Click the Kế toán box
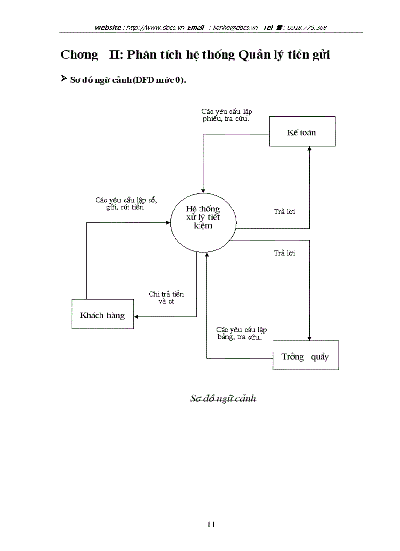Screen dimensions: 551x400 click(x=302, y=131)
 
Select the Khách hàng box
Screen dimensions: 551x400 click(x=102, y=314)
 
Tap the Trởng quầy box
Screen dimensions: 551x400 click(x=305, y=356)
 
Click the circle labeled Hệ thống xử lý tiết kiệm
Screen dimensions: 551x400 click(x=203, y=220)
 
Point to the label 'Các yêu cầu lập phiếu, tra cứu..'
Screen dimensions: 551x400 click(x=227, y=115)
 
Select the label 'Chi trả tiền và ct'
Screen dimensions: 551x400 click(x=166, y=298)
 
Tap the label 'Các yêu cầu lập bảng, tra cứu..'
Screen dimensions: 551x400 click(x=241, y=334)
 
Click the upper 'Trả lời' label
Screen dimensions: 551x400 click(x=284, y=212)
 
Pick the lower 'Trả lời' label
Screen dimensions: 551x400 click(x=284, y=253)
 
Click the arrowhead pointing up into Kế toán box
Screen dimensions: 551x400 click(x=309, y=149)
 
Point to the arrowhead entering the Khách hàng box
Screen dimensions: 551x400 click(x=137, y=317)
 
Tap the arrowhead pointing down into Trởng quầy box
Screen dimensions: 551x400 click(x=309, y=338)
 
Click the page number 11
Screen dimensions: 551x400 click(x=211, y=525)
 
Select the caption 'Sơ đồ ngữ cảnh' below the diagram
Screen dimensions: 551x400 click(x=223, y=398)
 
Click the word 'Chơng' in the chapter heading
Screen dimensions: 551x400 click(x=79, y=55)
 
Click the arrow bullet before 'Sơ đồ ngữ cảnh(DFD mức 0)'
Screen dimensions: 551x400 click(x=63, y=79)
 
